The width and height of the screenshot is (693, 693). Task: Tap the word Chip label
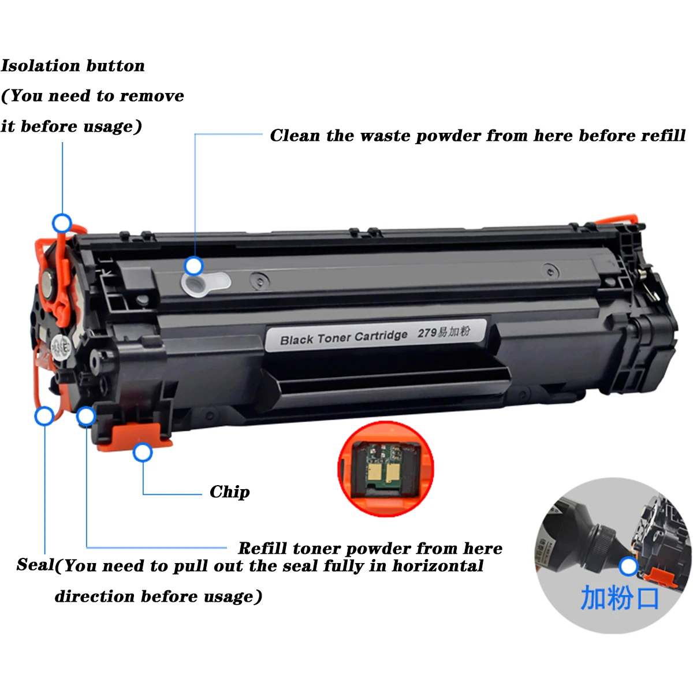click(229, 492)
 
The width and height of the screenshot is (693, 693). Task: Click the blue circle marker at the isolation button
click(62, 223)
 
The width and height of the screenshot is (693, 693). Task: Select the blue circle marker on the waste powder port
click(194, 266)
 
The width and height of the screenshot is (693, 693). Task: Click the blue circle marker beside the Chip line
click(143, 453)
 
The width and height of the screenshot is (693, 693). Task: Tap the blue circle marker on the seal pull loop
click(44, 416)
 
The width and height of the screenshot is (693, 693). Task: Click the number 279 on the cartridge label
click(427, 333)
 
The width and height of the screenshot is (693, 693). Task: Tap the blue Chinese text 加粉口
click(619, 598)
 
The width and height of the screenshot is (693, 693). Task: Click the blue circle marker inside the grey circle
click(628, 567)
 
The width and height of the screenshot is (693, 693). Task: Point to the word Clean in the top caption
click(295, 136)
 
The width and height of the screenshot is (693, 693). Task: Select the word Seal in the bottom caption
click(35, 565)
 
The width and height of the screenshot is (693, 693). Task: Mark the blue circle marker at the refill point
click(86, 416)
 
